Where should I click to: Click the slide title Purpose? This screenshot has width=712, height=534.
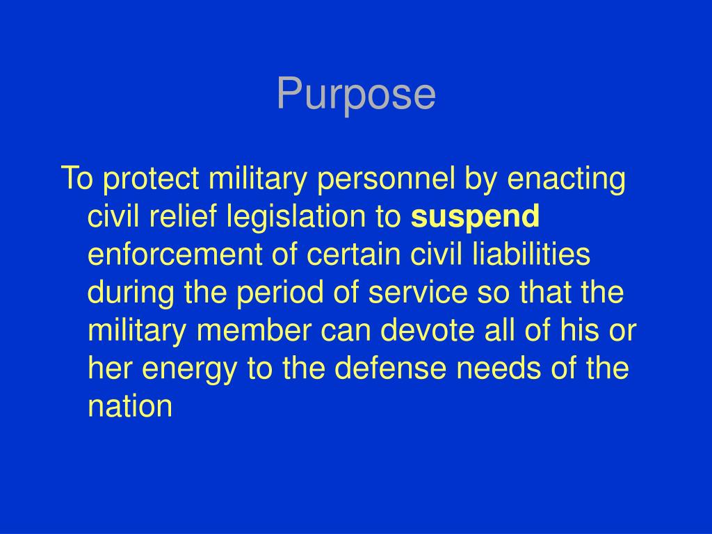pyautogui.click(x=356, y=94)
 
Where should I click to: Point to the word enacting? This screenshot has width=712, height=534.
pyautogui.click(x=567, y=180)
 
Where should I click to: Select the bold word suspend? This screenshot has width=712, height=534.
pyautogui.click(x=475, y=218)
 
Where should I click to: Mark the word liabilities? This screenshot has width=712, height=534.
pyautogui.click(x=531, y=255)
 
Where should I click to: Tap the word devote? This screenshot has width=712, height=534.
pyautogui.click(x=423, y=330)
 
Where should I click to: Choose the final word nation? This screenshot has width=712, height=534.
pyautogui.click(x=130, y=405)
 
